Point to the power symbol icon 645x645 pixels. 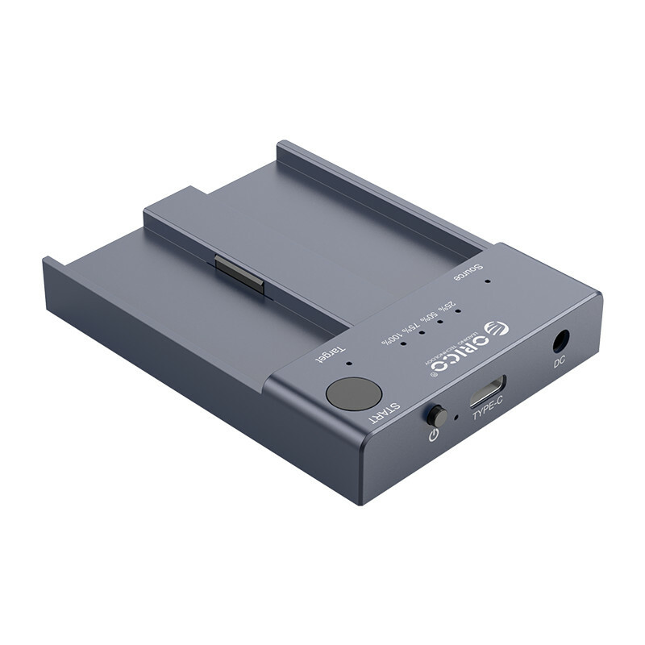click(434, 436)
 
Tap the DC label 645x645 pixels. click(560, 363)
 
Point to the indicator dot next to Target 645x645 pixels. click(348, 364)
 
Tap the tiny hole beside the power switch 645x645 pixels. click(456, 418)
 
